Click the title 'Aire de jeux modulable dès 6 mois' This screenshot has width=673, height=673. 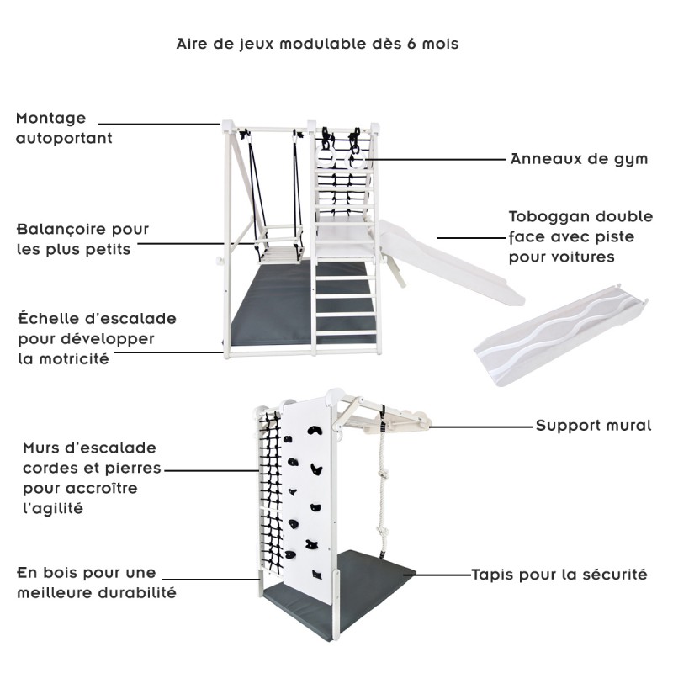pyautogui.click(x=317, y=44)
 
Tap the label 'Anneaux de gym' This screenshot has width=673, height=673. pyautogui.click(x=579, y=158)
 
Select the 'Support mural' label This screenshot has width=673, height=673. pyautogui.click(x=593, y=426)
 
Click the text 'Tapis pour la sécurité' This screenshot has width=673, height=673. pyautogui.click(x=559, y=575)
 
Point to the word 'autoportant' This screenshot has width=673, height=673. pyautogui.click(x=64, y=138)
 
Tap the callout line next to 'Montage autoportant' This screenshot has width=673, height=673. pyautogui.click(x=168, y=125)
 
